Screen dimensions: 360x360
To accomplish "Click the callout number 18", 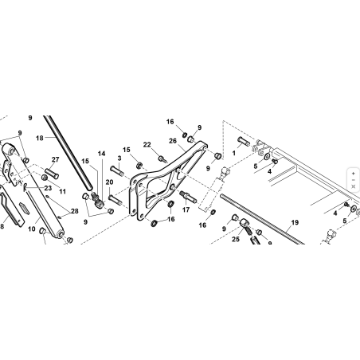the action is click(x=40, y=138).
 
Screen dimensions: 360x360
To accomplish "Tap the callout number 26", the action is click(x=173, y=141).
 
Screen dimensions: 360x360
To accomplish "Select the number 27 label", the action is click(x=55, y=159).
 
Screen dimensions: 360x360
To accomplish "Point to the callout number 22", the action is click(x=147, y=145).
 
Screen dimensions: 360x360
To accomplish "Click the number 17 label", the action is click(x=186, y=209).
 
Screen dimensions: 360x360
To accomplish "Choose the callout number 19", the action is click(x=295, y=222).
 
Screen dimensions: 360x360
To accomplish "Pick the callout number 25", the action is click(x=236, y=239).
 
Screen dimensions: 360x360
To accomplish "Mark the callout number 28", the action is click(x=75, y=211).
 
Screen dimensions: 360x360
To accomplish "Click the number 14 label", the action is click(x=101, y=154).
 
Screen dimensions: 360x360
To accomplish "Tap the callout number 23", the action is click(x=48, y=188).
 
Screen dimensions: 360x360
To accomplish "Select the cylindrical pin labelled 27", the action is click(x=52, y=173).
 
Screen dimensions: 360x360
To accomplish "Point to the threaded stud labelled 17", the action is click(x=188, y=197).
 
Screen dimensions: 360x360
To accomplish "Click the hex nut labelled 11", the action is click(x=45, y=177).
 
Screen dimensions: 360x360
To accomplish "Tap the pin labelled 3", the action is click(x=116, y=170).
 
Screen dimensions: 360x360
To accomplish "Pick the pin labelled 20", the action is click(x=115, y=200).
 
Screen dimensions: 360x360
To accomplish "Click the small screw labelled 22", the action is click(x=162, y=159).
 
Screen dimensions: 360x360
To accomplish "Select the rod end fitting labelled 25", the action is click(x=246, y=225).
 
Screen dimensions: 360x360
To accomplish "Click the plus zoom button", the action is click(x=353, y=174).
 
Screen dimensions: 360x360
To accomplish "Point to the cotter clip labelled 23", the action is click(x=25, y=187).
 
